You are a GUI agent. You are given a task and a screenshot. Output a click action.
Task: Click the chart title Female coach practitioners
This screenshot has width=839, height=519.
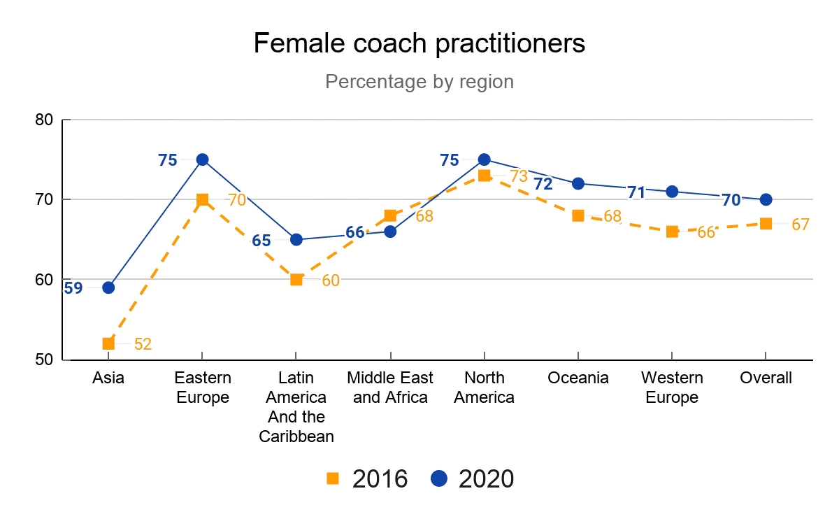coord(419,43)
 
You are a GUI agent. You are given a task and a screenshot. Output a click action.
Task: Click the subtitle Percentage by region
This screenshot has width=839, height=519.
coord(419,82)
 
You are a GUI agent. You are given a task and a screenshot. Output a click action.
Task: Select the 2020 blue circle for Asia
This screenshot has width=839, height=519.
coord(108,287)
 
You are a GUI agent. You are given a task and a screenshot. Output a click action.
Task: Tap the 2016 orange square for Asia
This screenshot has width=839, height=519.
coord(108,343)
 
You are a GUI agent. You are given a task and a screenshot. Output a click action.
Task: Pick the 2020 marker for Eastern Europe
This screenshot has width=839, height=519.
coord(202,159)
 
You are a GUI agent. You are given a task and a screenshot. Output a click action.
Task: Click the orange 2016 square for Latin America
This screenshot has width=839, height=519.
coord(296,280)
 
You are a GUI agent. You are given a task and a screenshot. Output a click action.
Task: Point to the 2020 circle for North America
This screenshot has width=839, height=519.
coord(484,159)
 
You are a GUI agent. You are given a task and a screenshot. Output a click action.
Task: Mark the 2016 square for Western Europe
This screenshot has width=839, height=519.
coord(672,232)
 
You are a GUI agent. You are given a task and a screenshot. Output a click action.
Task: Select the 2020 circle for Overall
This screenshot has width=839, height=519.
coord(766,199)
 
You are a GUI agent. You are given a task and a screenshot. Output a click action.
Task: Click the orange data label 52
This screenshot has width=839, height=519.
coord(143,344)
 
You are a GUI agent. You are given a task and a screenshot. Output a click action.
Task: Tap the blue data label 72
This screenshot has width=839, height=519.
coord(543,184)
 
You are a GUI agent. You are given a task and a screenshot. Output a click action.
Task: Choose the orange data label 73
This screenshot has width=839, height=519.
coord(518,176)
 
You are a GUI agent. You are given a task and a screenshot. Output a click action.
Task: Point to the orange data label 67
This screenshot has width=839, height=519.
coord(800,225)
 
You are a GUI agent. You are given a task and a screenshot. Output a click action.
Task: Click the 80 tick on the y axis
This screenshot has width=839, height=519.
coord(45,120)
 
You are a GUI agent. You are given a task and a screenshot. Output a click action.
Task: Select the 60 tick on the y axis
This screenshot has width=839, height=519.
coord(45,280)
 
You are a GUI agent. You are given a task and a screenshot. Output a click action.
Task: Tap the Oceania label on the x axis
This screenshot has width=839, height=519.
coord(578,378)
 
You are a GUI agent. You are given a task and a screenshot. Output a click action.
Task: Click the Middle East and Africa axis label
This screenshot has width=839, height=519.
coord(390,388)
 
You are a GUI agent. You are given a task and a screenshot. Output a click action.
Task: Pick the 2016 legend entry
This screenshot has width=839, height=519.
coord(367,479)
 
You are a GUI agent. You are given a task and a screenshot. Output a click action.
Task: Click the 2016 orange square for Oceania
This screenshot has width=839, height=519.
coord(578,215)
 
